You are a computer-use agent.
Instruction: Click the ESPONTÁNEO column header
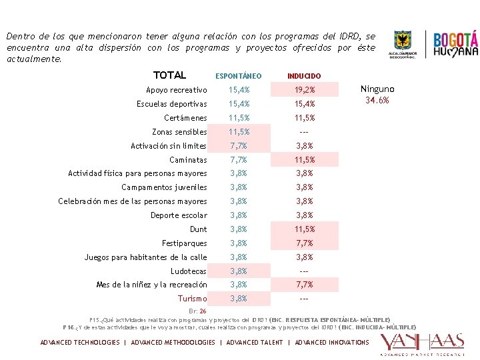239,77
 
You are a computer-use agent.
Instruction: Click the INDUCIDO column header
304,77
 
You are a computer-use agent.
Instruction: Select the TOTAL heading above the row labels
169,75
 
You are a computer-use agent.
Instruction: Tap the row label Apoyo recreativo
176,90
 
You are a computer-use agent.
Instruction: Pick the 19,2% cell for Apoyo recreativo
304,90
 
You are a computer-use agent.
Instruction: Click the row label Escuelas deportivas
171,104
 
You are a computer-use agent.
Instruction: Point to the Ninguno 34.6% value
377,95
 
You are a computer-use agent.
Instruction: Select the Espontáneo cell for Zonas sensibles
239,132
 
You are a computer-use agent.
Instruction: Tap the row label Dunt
198,229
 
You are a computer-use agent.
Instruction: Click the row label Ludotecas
189,271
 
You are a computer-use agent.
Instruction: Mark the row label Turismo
192,299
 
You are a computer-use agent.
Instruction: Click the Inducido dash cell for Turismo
304,299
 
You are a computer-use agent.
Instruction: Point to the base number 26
203,311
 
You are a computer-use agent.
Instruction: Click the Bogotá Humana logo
456,44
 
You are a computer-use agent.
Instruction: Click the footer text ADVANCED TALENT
255,343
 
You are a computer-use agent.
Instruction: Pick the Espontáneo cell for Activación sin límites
239,146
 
